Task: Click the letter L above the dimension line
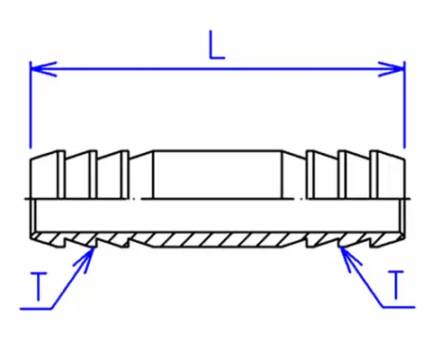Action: coord(216,44)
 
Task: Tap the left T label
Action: coord(39,286)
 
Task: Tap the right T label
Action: coord(396,285)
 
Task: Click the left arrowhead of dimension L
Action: coord(43,69)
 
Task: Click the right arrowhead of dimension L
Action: coord(391,69)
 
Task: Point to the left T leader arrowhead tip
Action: coord(94,247)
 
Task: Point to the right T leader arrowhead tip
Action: coord(340,247)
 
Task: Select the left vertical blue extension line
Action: coord(30,104)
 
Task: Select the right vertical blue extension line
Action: coord(404,104)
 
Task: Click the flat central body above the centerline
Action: coord(217,175)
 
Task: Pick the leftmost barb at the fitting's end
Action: coord(48,175)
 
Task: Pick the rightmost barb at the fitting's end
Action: coord(388,175)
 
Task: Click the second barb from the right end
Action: coord(354,175)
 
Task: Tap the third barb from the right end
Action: coord(322,175)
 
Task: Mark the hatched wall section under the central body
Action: coord(217,239)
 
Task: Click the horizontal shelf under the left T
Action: coord(37,309)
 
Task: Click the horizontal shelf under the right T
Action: coord(399,307)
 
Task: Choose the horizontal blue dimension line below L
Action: coord(217,69)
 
